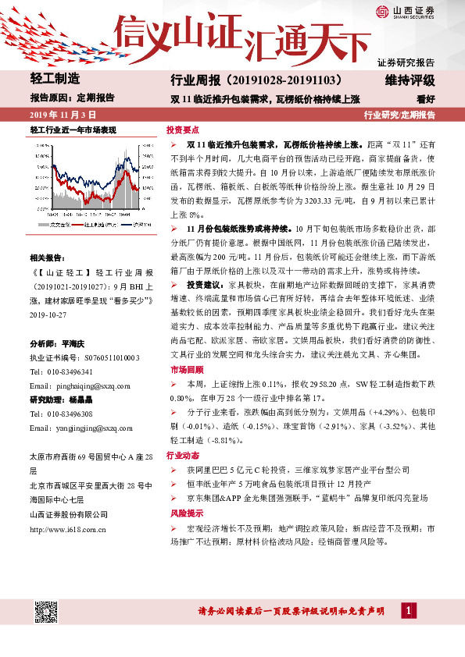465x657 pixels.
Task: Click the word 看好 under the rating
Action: pyautogui.click(x=426, y=99)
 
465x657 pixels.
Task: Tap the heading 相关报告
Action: pyautogui.click(x=46, y=257)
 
